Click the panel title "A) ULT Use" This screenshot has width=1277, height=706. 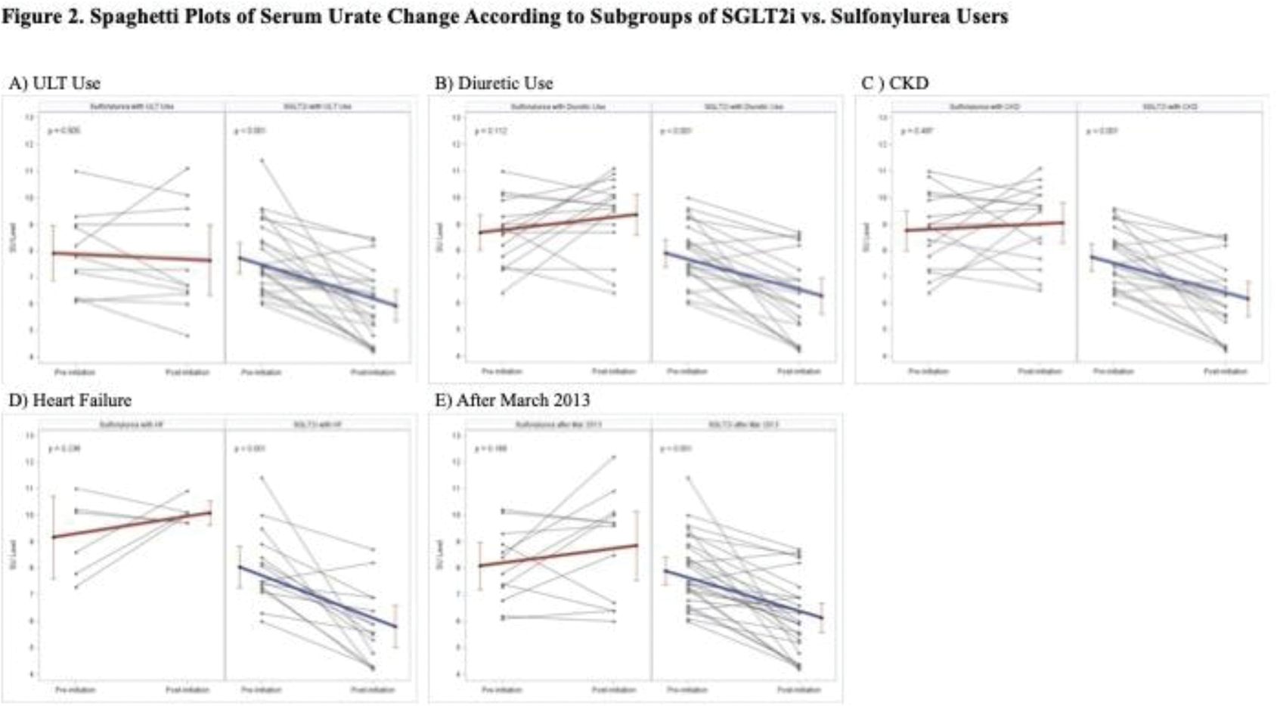pos(54,83)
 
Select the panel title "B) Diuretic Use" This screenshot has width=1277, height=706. pos(494,83)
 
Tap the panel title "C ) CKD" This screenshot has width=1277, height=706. pos(894,83)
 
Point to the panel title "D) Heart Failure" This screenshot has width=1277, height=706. pos(70,401)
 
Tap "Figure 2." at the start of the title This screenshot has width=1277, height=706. pos(42,17)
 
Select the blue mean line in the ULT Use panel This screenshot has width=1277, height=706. pos(318,281)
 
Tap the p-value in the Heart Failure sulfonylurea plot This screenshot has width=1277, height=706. pos(64,449)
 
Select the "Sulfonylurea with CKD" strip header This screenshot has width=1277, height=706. pos(984,107)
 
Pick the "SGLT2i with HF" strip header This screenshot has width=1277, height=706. pos(318,425)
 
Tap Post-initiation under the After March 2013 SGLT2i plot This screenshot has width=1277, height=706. pos(799,689)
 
